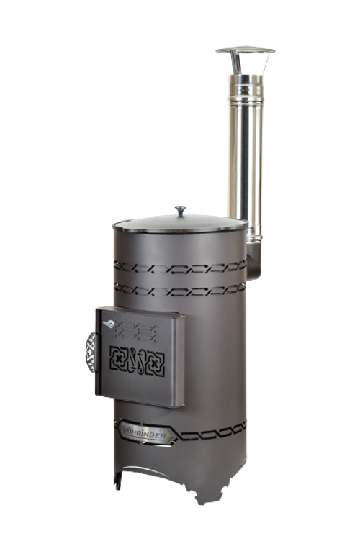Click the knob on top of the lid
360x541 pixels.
[180, 211]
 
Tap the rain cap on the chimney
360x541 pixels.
[246, 50]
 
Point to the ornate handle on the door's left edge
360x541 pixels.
[91, 353]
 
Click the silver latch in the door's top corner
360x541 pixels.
[109, 323]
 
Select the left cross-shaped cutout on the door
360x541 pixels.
[119, 358]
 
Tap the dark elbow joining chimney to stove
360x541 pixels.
[255, 260]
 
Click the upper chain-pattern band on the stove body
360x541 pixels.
[180, 267]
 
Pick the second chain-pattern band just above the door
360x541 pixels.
[180, 289]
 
